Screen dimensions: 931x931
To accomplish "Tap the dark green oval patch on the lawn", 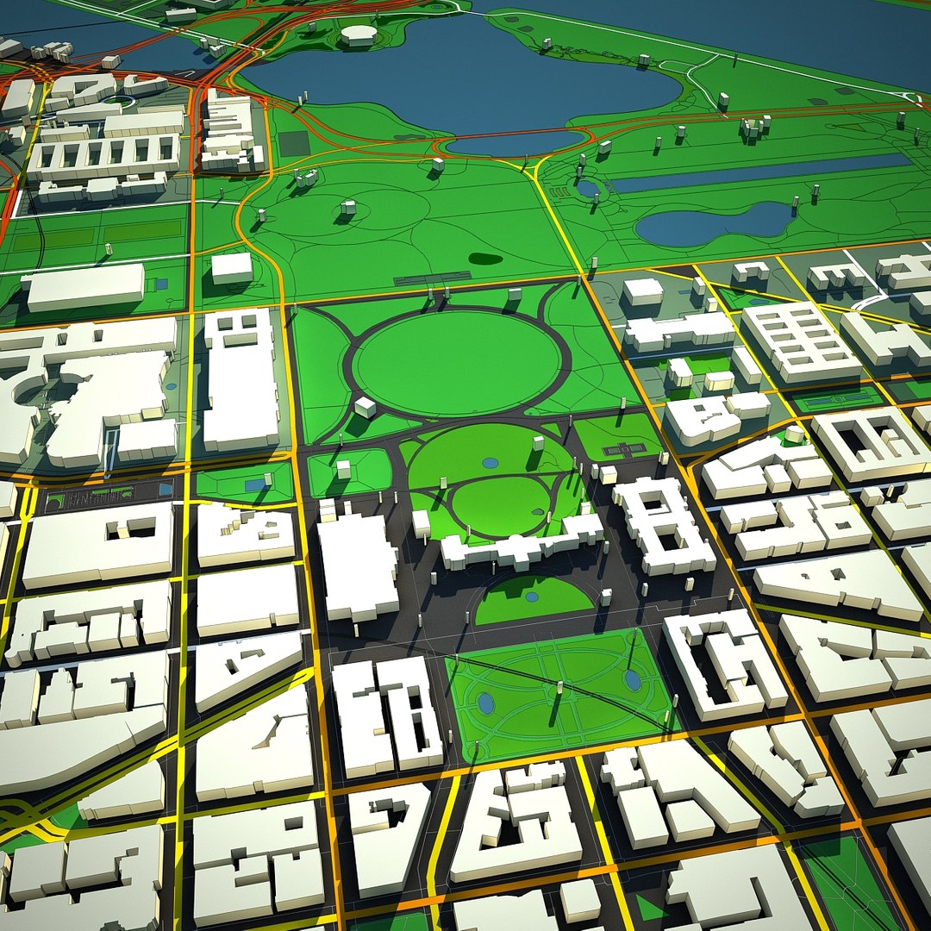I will coord(485,258).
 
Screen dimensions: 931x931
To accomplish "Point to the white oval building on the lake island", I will coord(359,34).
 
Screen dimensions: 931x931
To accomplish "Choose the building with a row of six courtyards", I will coord(103,153).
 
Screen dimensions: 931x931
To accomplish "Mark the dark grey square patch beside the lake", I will coord(294,143).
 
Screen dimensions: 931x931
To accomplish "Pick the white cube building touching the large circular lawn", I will coord(365,407).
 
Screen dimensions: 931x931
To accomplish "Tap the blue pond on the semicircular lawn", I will coord(531,596).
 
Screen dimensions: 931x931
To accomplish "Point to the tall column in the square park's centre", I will coord(559,690).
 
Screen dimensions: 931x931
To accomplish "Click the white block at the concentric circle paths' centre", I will coord(348,207).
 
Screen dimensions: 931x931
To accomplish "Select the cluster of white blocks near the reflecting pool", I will coord(753,128).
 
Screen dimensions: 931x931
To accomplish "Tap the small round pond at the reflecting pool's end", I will coord(588,187).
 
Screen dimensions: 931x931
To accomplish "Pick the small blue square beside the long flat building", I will coord(161,284).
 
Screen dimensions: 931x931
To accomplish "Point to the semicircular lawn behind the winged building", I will coord(533,600).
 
